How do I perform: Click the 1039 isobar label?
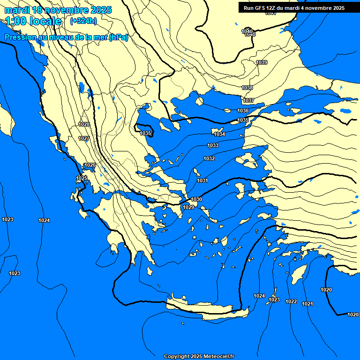[262, 62]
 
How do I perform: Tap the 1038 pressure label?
[247, 88]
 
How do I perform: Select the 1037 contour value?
[248, 100]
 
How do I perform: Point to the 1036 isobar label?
[243, 111]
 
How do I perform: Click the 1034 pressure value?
[219, 134]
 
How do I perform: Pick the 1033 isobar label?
[213, 145]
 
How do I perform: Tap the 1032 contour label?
[209, 158]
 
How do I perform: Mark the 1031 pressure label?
[202, 180]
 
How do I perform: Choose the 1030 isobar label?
[196, 199]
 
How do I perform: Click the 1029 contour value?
[188, 207]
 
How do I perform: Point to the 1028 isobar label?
[84, 124]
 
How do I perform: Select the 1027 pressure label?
[84, 138]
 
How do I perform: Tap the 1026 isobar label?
[90, 165]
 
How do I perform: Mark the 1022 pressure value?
[291, 301]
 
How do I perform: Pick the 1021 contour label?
[307, 304]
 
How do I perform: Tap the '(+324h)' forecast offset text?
[83, 21]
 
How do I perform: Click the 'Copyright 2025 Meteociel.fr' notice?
[199, 356]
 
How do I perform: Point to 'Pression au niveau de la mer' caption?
[66, 37]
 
